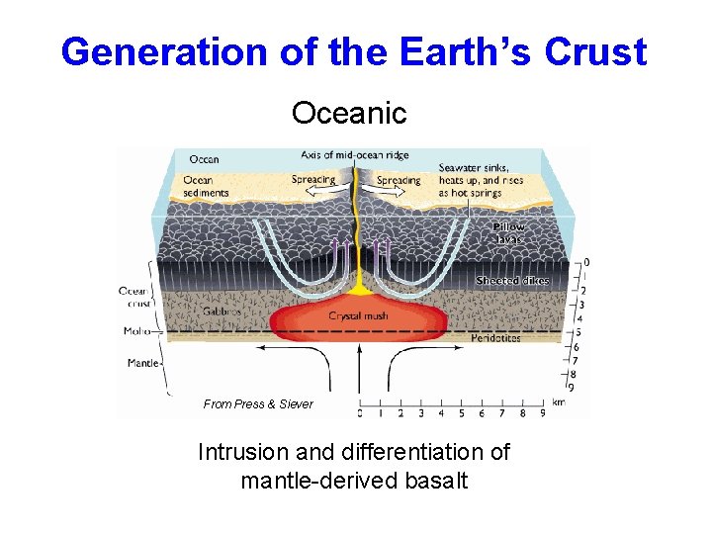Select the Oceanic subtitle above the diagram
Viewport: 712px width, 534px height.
pyautogui.click(x=349, y=114)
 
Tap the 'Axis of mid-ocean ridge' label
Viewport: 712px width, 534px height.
pyautogui.click(x=355, y=155)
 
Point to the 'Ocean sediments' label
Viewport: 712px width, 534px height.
pyautogui.click(x=206, y=186)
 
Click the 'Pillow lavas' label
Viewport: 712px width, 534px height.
pyautogui.click(x=511, y=232)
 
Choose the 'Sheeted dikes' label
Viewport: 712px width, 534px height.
pyautogui.click(x=511, y=281)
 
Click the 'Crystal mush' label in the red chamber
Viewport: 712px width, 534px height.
pyautogui.click(x=358, y=316)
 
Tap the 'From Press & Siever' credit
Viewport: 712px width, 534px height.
pyautogui.click(x=258, y=403)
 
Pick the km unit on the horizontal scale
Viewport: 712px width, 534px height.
pyautogui.click(x=558, y=402)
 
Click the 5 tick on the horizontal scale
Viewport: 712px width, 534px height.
pyautogui.click(x=461, y=413)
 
